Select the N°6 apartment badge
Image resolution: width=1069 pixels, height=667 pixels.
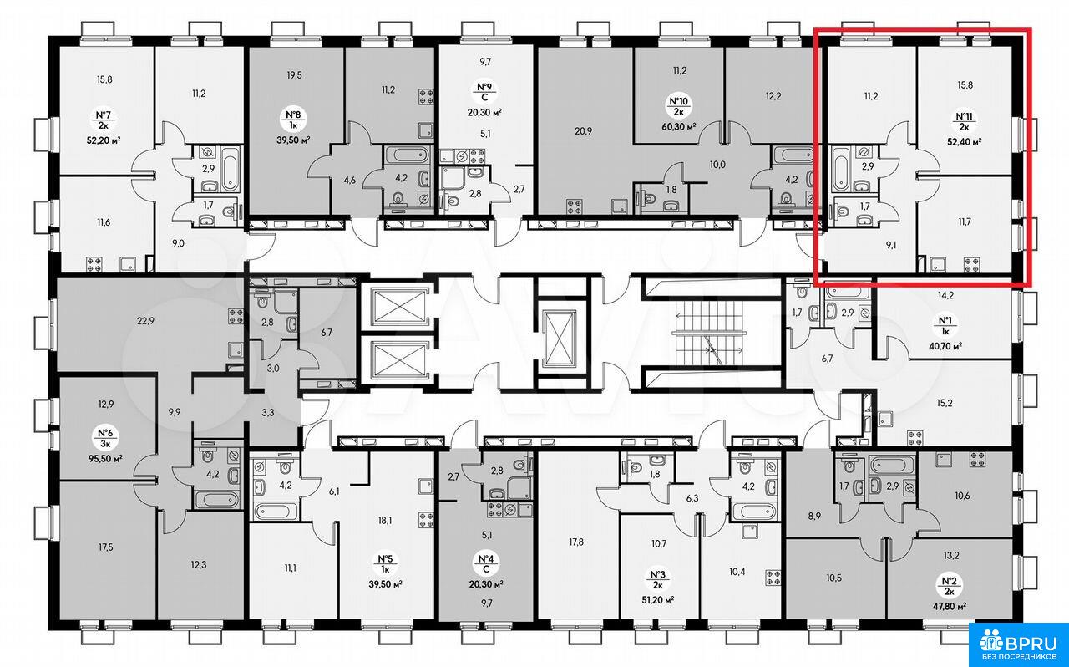pos(105,438)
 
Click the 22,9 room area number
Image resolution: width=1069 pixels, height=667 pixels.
pos(145,321)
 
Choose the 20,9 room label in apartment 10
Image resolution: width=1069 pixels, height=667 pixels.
pos(583,131)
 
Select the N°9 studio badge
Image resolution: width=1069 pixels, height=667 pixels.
pos(484,93)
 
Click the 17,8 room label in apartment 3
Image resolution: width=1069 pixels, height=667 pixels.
pos(576,542)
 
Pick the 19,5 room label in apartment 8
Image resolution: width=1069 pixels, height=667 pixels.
pos(295,75)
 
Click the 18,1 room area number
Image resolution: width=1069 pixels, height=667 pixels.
pos(386,521)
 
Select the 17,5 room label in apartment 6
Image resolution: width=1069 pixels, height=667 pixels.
pos(105,547)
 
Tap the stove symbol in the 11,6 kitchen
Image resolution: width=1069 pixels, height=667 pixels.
pos(94,264)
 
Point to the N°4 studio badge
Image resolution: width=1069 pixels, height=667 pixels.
pos(485,563)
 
